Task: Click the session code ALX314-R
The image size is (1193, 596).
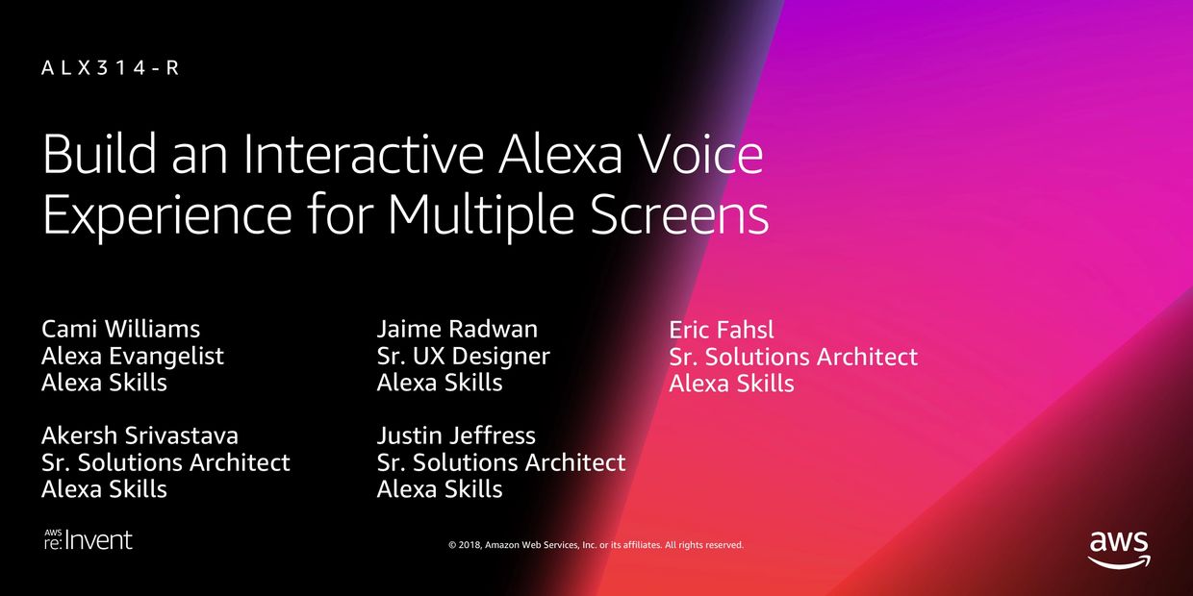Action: click(110, 68)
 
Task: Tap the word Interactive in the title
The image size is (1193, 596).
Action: click(364, 155)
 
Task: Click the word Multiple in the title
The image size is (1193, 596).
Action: click(481, 216)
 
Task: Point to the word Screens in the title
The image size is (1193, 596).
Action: click(679, 215)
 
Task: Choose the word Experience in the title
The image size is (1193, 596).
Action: click(167, 216)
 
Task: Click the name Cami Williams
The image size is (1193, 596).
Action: click(121, 329)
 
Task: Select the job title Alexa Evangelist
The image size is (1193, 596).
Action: click(133, 357)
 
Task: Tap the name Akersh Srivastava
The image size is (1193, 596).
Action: click(140, 435)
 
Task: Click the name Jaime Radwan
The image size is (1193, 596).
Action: click(458, 329)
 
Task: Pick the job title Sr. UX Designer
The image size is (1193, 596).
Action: click(464, 357)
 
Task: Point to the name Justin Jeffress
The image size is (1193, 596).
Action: click(456, 435)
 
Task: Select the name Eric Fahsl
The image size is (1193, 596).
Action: click(722, 330)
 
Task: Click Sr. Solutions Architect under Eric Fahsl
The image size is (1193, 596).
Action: click(794, 357)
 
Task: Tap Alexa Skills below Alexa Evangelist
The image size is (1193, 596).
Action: click(104, 382)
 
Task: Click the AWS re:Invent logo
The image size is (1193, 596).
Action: click(89, 539)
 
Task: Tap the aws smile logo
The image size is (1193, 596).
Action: click(1118, 549)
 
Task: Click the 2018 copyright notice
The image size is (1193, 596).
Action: click(596, 545)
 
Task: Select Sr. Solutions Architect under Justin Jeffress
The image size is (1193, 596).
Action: click(501, 461)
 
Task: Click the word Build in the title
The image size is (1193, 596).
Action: click(100, 155)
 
